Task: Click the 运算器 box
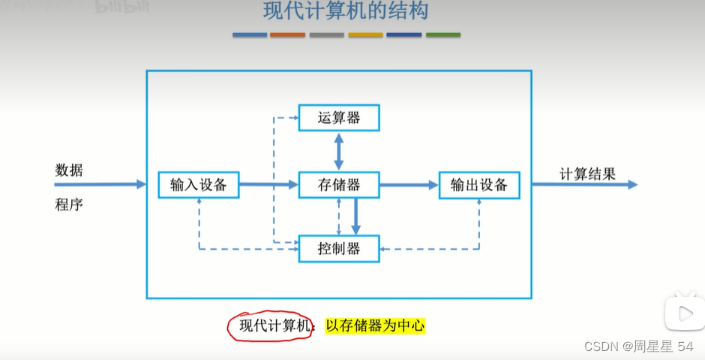(339, 118)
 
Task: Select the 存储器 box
(339, 184)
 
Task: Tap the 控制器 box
(339, 248)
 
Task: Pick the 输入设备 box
(199, 184)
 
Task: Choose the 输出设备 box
(479, 184)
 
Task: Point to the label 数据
(69, 170)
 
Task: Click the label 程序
(69, 204)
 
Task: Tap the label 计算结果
(587, 174)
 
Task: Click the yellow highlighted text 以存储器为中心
(375, 325)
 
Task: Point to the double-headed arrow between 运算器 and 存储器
(339, 151)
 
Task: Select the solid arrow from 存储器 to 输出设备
(409, 184)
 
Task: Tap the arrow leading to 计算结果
(585, 184)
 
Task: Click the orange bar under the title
(288, 34)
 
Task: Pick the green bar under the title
(443, 34)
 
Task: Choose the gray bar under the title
(327, 34)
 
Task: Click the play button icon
(683, 312)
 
